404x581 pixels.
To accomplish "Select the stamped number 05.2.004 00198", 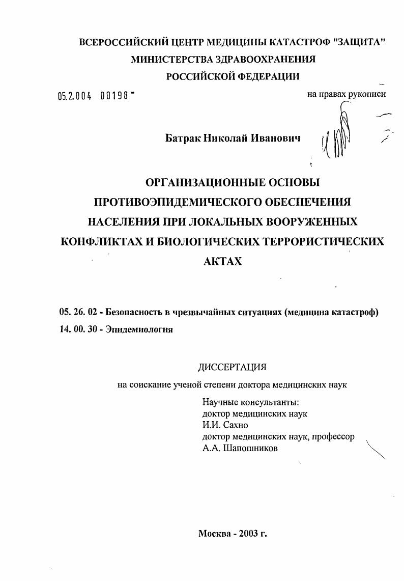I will (96, 95).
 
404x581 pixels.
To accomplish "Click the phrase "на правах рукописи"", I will (346, 94).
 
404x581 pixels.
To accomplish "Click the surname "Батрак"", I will (184, 138).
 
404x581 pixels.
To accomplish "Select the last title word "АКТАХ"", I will (222, 261).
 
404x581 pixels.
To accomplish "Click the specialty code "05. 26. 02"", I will (78, 312).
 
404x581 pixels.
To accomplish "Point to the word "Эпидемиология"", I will (139, 329).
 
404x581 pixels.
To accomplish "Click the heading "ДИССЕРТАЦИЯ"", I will (232, 368).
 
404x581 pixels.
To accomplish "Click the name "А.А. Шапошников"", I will (240, 448).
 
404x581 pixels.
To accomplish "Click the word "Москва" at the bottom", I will (214, 534).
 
